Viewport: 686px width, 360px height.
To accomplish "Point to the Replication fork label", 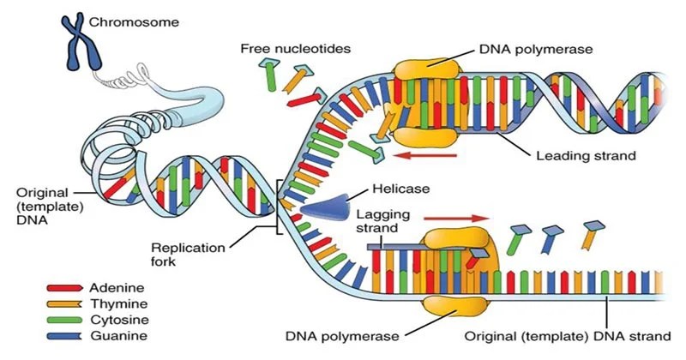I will point(196,255).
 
